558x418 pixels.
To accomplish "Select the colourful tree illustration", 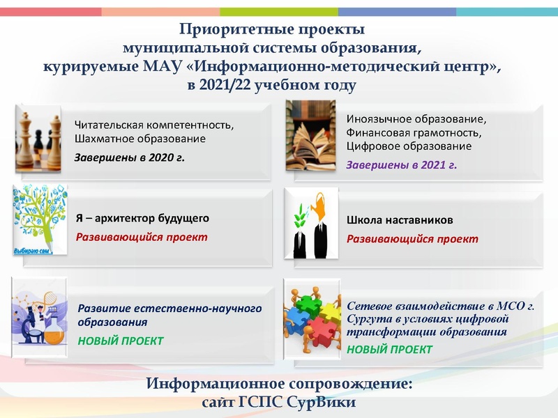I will tap(39, 220).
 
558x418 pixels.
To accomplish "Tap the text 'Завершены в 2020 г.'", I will tap(130, 157).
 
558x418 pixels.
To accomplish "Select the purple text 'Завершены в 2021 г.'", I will tap(401, 164).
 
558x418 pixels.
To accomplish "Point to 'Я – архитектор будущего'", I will tap(142, 218).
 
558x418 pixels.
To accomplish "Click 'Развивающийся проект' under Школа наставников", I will tap(412, 239).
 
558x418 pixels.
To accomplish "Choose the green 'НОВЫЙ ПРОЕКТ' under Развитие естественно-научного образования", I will tap(121, 341).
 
